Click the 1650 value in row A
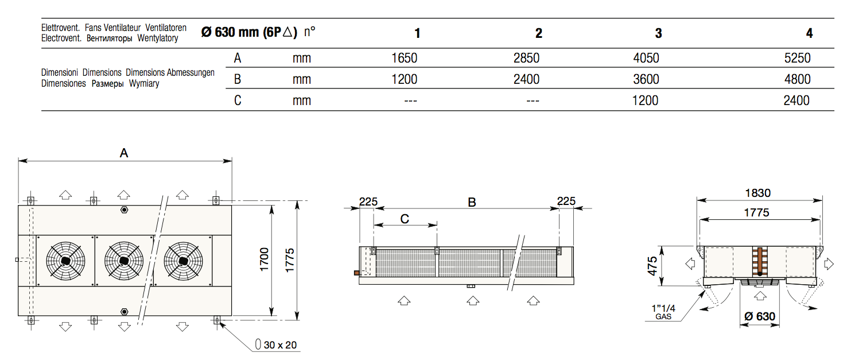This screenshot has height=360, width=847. (404, 58)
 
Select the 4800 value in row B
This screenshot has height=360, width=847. (797, 79)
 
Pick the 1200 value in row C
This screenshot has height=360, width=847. (645, 100)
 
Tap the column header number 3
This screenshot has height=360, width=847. (658, 33)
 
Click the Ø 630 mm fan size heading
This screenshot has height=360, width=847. (249, 32)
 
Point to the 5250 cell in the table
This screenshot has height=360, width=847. (797, 58)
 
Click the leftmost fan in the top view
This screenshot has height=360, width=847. (65, 261)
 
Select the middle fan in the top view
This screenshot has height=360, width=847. (124, 261)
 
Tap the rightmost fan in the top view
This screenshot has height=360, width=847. (184, 261)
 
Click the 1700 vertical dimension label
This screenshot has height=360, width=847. (265, 260)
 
